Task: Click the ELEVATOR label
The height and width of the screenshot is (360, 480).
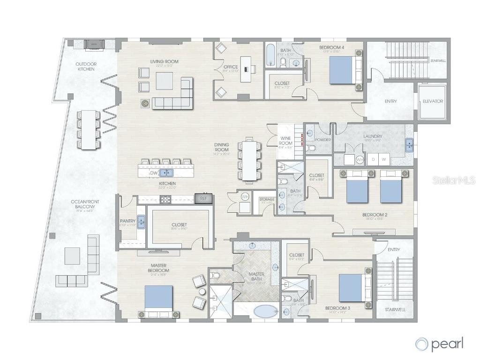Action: click(433, 101)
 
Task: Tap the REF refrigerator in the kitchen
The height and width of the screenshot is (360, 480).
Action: click(203, 199)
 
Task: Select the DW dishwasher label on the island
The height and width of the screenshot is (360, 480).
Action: click(153, 173)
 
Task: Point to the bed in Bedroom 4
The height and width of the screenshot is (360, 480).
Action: click(343, 70)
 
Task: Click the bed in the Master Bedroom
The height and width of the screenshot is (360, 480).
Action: click(158, 300)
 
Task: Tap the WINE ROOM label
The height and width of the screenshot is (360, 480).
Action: click(286, 141)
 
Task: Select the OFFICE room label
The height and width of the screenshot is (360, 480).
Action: click(231, 67)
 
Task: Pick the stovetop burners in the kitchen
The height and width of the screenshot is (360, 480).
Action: click(166, 199)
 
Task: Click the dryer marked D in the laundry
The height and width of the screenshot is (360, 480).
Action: click(373, 159)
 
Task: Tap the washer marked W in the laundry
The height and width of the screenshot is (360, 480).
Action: click(384, 159)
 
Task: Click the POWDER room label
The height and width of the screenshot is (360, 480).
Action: click(323, 140)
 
